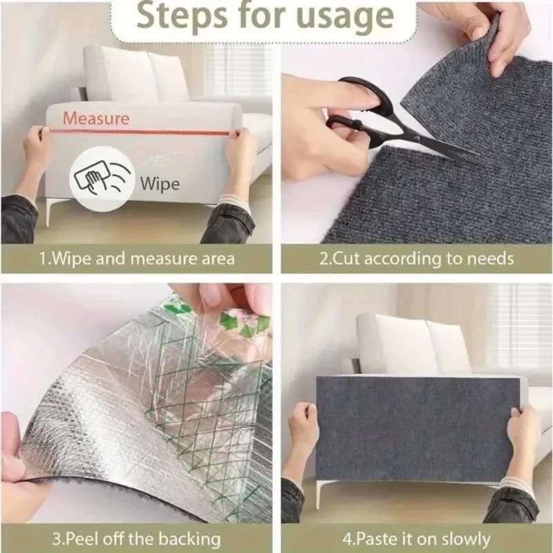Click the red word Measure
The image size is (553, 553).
pos(96,118)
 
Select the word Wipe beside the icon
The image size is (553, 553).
pos(160,184)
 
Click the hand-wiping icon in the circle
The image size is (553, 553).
pos(102,178)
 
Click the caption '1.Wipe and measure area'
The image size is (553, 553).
pos(137,259)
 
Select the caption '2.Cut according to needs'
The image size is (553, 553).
pos(417,259)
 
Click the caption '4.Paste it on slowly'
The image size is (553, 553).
pos(417,538)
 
